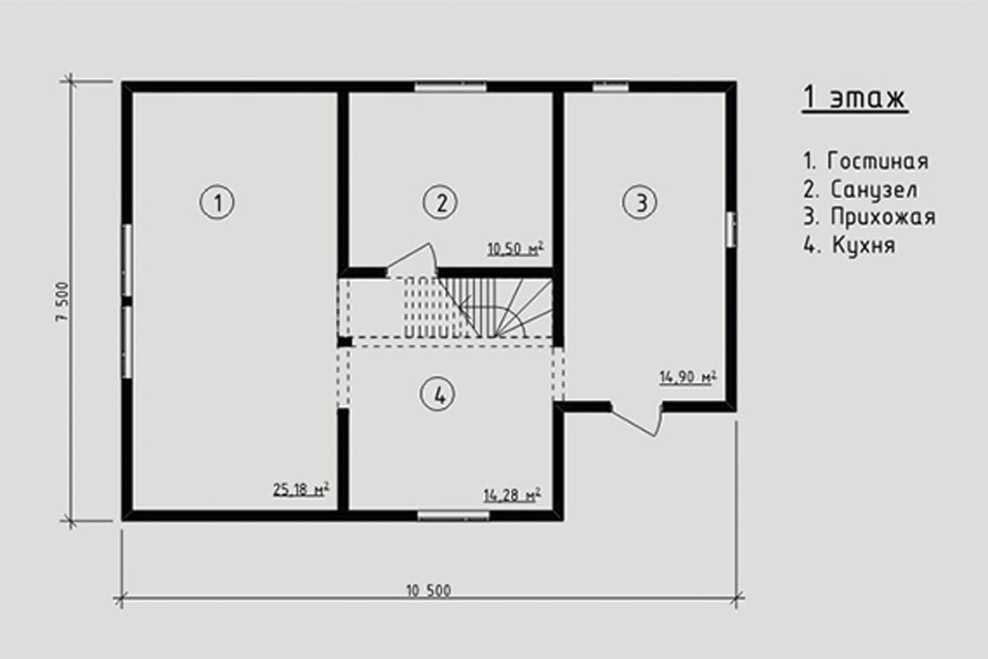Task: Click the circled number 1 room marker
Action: pyautogui.click(x=217, y=203)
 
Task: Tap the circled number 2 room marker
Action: pyautogui.click(x=440, y=203)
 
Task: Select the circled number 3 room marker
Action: pyautogui.click(x=640, y=203)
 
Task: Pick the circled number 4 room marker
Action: pyautogui.click(x=437, y=394)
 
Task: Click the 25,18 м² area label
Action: pyautogui.click(x=301, y=490)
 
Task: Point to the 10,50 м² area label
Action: pyautogui.click(x=515, y=249)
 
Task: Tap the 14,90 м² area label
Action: pyautogui.click(x=687, y=377)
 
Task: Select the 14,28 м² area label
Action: pyautogui.click(x=512, y=495)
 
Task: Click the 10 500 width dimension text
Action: pyautogui.click(x=429, y=591)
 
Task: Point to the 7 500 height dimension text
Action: pyautogui.click(x=63, y=302)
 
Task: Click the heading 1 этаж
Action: pyautogui.click(x=855, y=98)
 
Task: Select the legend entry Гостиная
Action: pyautogui.click(x=878, y=161)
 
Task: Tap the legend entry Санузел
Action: pyautogui.click(x=874, y=189)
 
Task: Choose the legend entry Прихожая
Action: pyautogui.click(x=883, y=217)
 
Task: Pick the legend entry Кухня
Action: pyautogui.click(x=864, y=245)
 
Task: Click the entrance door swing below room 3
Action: pyautogui.click(x=636, y=420)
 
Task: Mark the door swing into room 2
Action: pyautogui.click(x=412, y=259)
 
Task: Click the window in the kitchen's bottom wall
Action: pyautogui.click(x=454, y=515)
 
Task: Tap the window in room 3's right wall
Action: pyautogui.click(x=731, y=230)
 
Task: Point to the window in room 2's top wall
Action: pyautogui.click(x=450, y=86)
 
